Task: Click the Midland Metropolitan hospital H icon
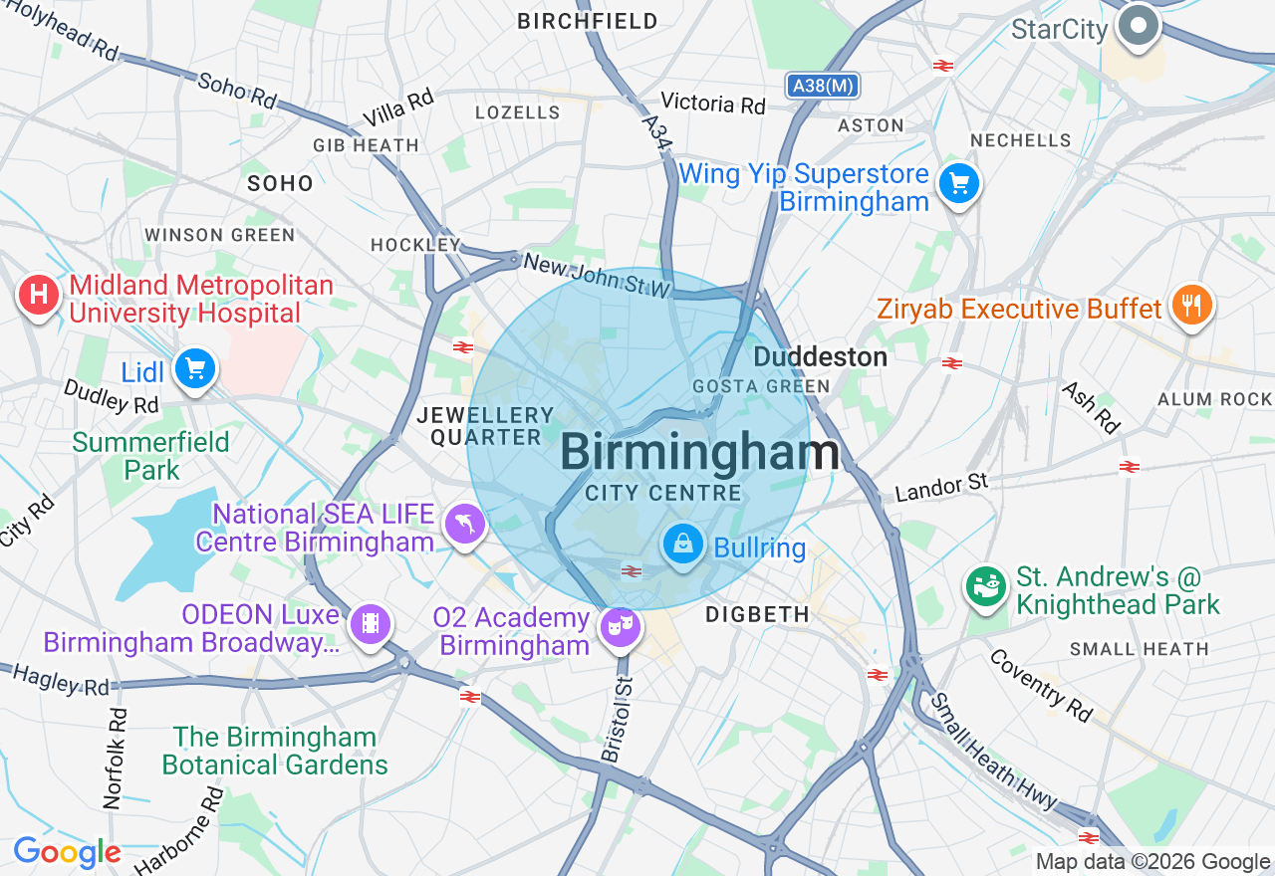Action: pos(39,296)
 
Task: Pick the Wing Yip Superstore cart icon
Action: pos(959,184)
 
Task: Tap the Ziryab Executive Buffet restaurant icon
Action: pos(1190,306)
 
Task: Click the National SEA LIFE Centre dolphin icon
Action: pos(464,525)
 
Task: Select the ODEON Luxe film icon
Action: pos(371,624)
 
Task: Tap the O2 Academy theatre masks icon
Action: pos(621,626)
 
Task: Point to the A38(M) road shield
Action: pos(822,87)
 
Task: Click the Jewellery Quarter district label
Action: pos(485,426)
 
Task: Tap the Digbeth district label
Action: pos(757,615)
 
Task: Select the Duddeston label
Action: pos(820,357)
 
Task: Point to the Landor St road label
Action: pos(940,488)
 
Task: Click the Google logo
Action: pos(67,853)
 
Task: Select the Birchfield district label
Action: pos(588,21)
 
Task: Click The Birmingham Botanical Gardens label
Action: pos(274,751)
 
